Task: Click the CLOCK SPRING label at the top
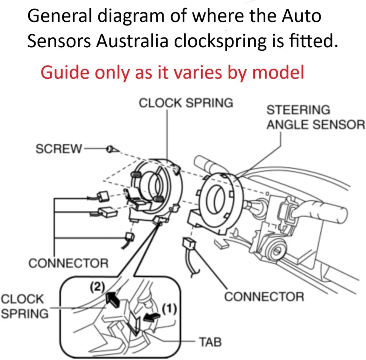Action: (186, 103)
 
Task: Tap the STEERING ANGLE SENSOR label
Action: (315, 117)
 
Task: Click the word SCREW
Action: (58, 149)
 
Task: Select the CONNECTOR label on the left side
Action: (68, 263)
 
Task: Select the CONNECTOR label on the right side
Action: (264, 296)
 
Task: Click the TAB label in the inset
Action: (209, 342)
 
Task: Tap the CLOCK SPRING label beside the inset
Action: (24, 306)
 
